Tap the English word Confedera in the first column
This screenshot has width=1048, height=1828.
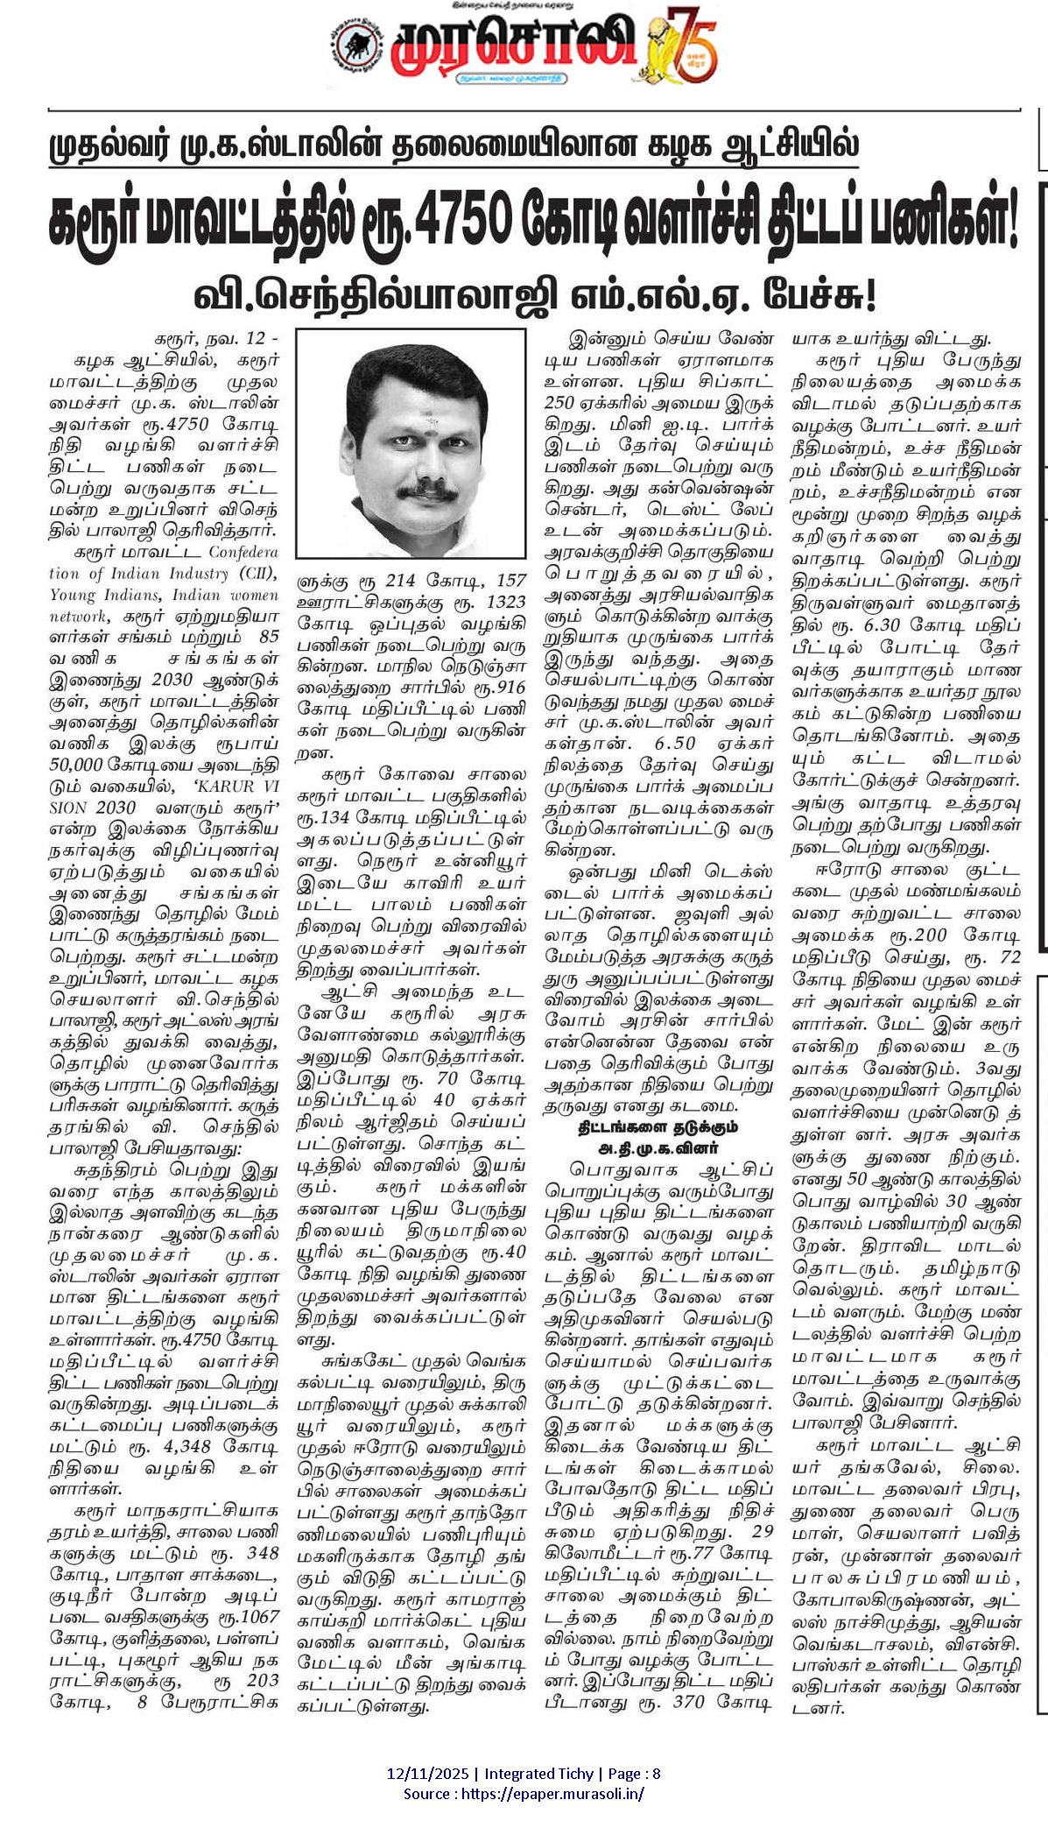pyautogui.click(x=243, y=552)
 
